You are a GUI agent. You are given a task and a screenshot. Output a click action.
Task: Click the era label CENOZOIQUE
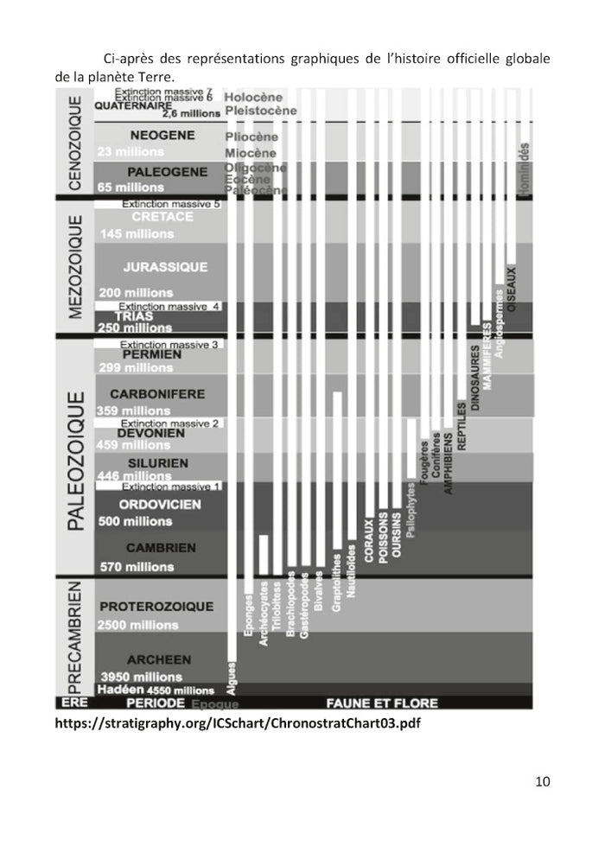(x=75, y=143)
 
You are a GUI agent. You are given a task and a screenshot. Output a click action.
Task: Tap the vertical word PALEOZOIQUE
(x=76, y=461)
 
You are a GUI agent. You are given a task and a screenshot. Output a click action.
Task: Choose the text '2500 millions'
(x=138, y=625)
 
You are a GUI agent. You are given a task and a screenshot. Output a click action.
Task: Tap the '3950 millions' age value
(x=141, y=677)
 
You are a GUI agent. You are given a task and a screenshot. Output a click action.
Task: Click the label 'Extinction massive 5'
(x=171, y=204)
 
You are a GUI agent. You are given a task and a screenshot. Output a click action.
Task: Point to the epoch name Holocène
(x=253, y=98)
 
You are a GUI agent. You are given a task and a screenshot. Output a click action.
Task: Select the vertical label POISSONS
(x=383, y=540)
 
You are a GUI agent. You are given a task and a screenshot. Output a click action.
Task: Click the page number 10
(x=542, y=782)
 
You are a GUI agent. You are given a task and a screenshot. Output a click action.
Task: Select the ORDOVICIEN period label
(x=160, y=504)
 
